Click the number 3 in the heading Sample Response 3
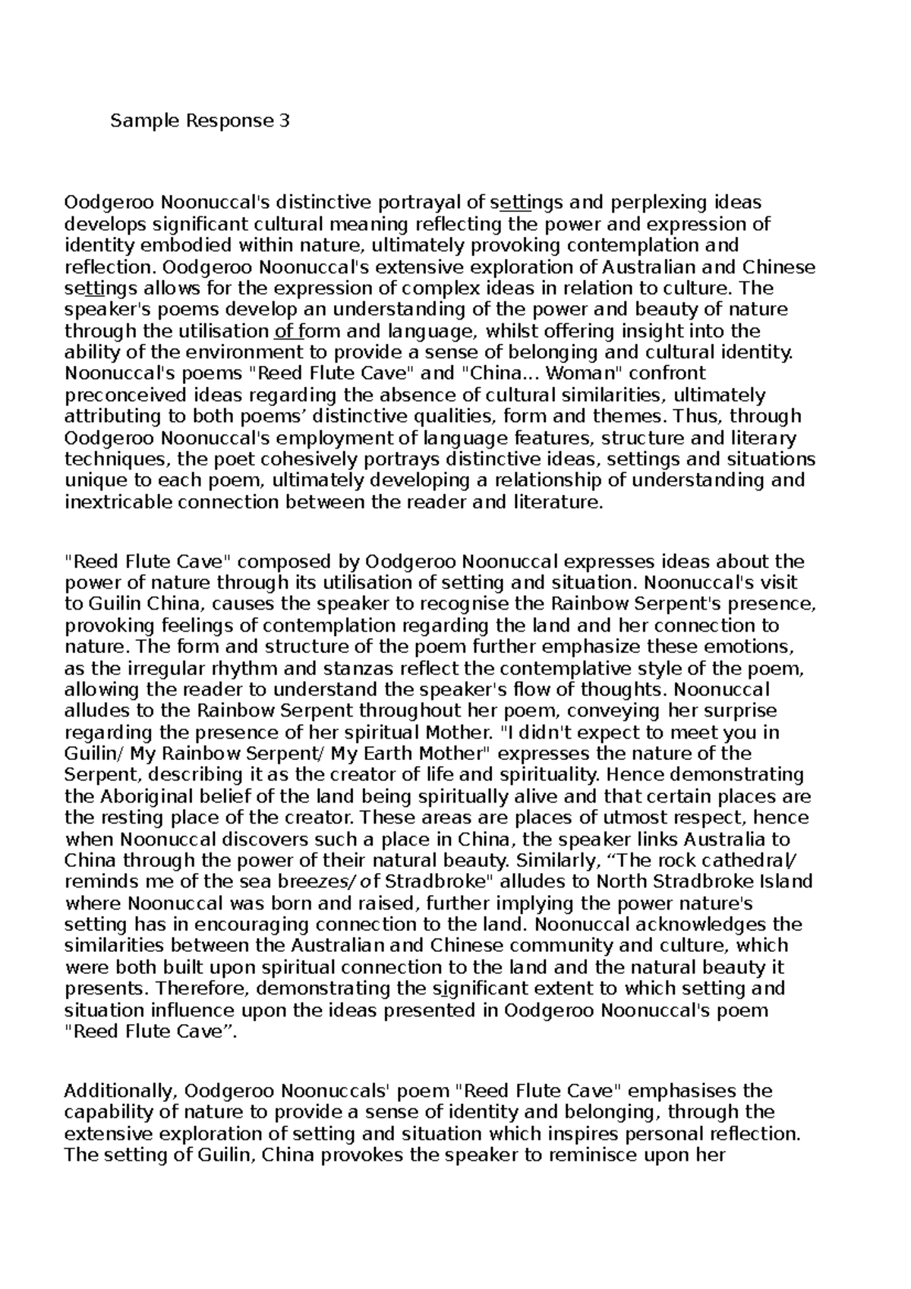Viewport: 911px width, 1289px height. [284, 121]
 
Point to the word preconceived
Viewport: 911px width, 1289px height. [116, 395]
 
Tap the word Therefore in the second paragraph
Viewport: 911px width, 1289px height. [203, 989]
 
